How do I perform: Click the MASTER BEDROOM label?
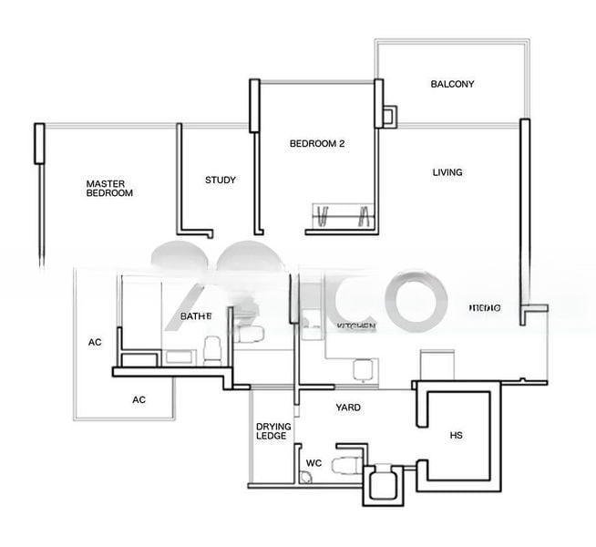pos(109,189)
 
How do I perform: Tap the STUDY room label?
pos(220,181)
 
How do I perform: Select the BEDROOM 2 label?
pos(316,143)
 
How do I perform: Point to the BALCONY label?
pos(452,84)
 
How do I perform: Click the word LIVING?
pos(447,172)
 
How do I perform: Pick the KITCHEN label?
pos(355,325)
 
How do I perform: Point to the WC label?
pos(313,463)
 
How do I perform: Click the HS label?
pos(456,436)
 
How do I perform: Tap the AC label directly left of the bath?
pos(95,343)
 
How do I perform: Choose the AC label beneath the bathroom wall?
pos(139,399)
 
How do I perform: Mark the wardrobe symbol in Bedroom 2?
pos(343,216)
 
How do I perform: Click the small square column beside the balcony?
pos(389,116)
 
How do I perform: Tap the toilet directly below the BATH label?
pos(211,348)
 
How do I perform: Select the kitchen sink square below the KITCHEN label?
pos(363,369)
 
